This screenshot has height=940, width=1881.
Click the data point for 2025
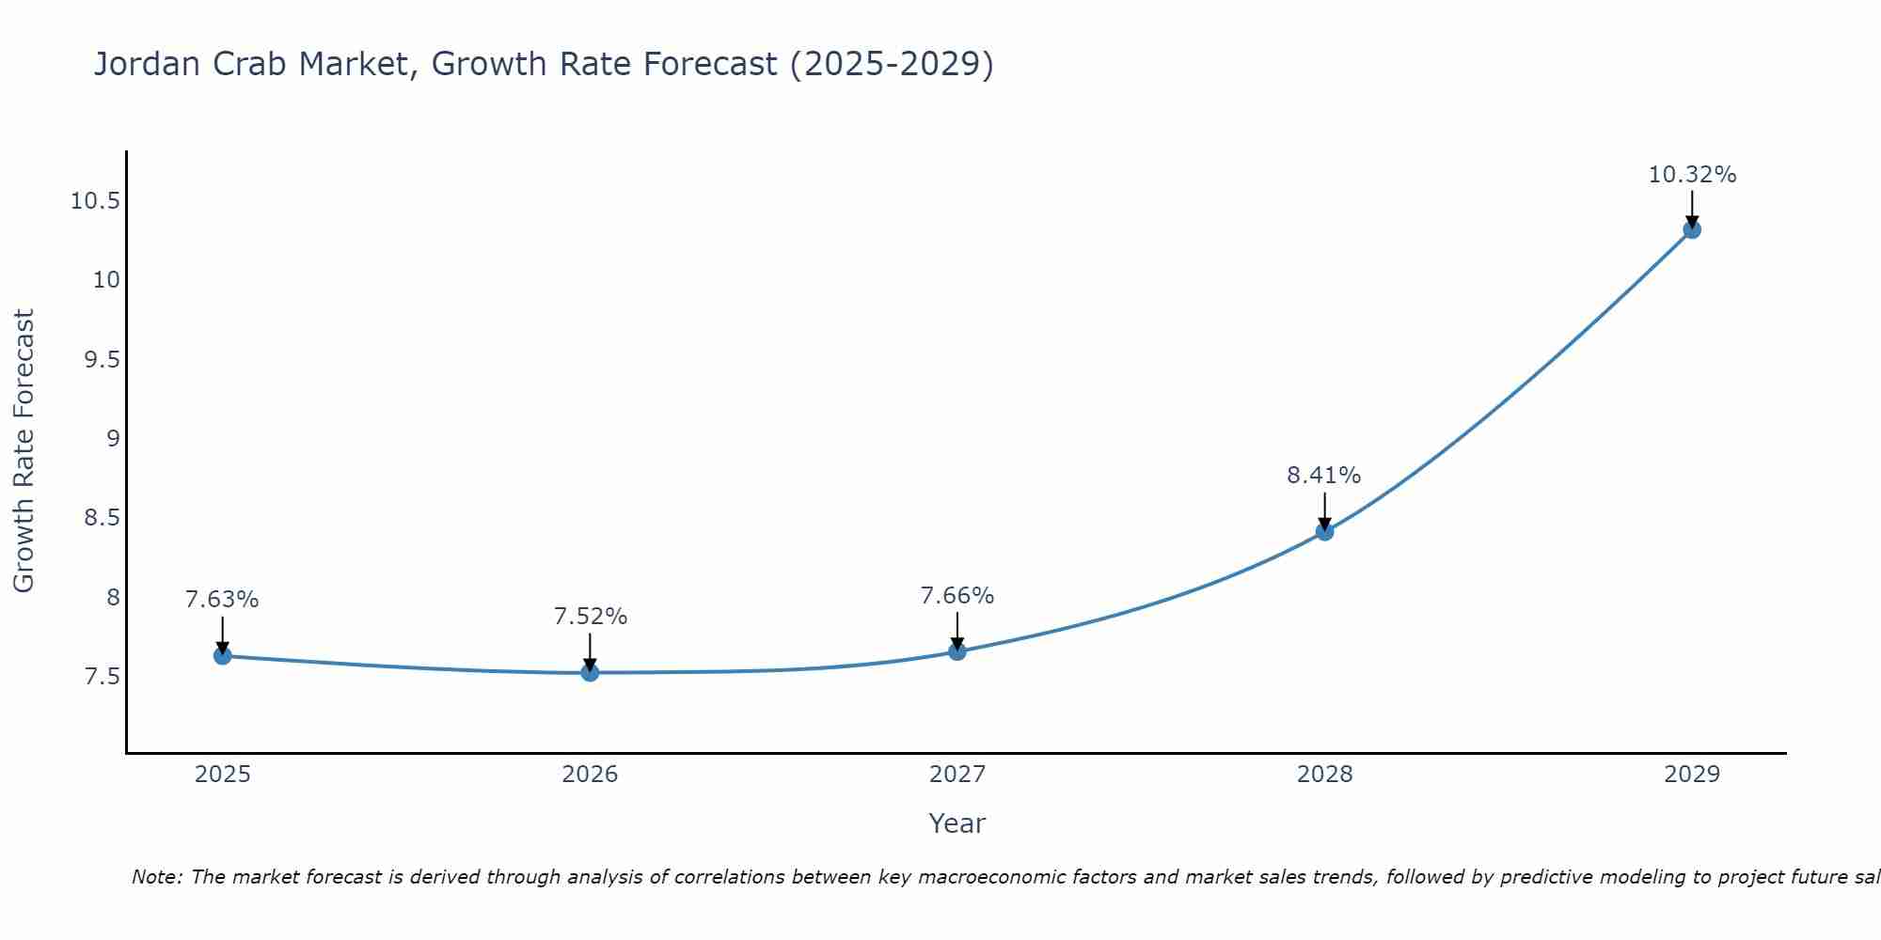tap(222, 655)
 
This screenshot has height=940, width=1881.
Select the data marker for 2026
tap(590, 672)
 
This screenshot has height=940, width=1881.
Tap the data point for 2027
tap(957, 650)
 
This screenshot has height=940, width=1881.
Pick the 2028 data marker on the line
tap(1324, 531)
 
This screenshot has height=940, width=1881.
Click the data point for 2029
tap(1692, 228)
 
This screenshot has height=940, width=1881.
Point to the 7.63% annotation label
tap(222, 600)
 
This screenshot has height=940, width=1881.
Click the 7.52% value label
tap(590, 617)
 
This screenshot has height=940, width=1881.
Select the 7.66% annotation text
tap(957, 595)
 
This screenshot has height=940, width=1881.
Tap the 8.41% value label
tap(1324, 476)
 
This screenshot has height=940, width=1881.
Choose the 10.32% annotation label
tap(1692, 175)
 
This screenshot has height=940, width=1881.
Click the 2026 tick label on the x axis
tap(590, 775)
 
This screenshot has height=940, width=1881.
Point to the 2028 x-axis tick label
tap(1324, 775)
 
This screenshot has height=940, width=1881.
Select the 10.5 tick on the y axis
tap(96, 201)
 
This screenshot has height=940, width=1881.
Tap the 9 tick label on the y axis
tap(113, 439)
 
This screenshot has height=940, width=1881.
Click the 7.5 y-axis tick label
tap(103, 677)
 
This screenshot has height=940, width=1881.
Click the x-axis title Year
tap(957, 823)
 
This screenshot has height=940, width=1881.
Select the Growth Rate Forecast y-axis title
tap(24, 451)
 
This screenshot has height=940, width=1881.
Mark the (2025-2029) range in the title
tap(892, 64)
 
